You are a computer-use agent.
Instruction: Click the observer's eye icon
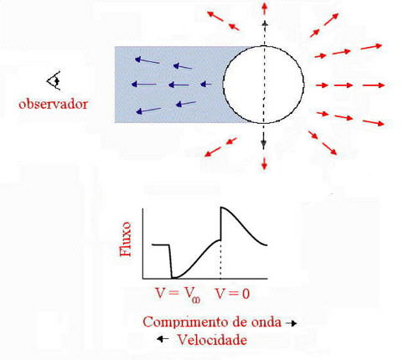point(54,80)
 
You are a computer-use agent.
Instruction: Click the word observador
point(53,104)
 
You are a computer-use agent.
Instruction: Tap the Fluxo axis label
point(125,239)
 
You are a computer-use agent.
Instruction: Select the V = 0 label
point(233,294)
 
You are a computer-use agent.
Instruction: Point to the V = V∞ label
point(178,295)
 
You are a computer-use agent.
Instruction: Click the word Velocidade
point(212,340)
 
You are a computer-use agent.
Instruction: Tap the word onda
point(266,322)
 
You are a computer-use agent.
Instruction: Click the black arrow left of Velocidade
point(163,339)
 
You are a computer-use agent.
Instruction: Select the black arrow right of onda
point(291,323)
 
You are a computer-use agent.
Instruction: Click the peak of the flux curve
point(221,208)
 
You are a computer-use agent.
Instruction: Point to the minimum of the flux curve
point(173,278)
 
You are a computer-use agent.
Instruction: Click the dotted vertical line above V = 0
point(220,260)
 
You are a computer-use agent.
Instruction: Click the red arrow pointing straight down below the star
point(264,162)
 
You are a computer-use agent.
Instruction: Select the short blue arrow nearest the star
point(206,84)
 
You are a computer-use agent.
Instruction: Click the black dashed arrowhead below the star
point(263,144)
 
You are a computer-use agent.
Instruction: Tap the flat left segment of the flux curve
point(161,244)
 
